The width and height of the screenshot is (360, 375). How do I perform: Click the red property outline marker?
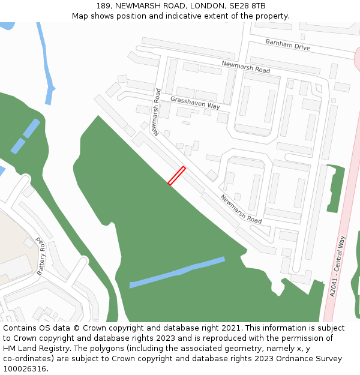tap(176, 176)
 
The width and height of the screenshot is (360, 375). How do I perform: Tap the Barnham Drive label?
tap(288, 44)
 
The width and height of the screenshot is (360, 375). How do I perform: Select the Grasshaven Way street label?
tap(195, 102)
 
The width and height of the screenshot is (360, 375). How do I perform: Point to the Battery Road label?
tap(41, 256)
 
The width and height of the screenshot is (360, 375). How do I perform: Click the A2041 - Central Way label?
tap(338, 266)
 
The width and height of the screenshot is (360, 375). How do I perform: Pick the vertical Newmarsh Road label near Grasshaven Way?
tap(156, 112)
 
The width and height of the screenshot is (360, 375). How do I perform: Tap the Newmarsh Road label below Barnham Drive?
tap(245, 67)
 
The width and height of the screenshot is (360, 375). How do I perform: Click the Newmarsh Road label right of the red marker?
tap(241, 209)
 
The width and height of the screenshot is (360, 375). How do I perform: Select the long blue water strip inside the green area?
tap(177, 272)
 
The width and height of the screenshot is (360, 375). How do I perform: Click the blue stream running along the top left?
tap(46, 60)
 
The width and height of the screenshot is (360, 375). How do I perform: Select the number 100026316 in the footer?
tap(24, 369)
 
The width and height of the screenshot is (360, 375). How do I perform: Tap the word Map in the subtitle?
tap(80, 16)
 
